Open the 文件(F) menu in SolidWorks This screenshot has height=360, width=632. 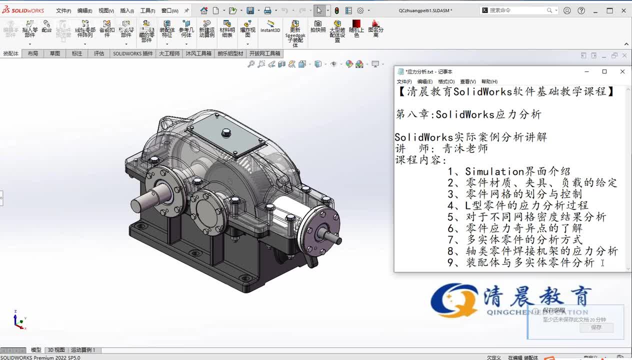point(63,10)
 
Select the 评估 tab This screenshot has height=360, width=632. point(99,53)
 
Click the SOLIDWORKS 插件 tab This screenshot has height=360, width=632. point(133,53)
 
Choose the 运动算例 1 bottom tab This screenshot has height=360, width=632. point(83,350)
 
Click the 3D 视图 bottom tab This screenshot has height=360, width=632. point(56,350)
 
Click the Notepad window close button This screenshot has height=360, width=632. point(622,71)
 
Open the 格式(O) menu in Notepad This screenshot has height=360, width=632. point(446,81)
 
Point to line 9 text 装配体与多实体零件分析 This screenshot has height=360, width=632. point(530,262)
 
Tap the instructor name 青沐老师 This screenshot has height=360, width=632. point(465,148)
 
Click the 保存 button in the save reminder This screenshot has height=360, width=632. point(596,327)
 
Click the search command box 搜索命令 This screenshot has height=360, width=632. point(515,10)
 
